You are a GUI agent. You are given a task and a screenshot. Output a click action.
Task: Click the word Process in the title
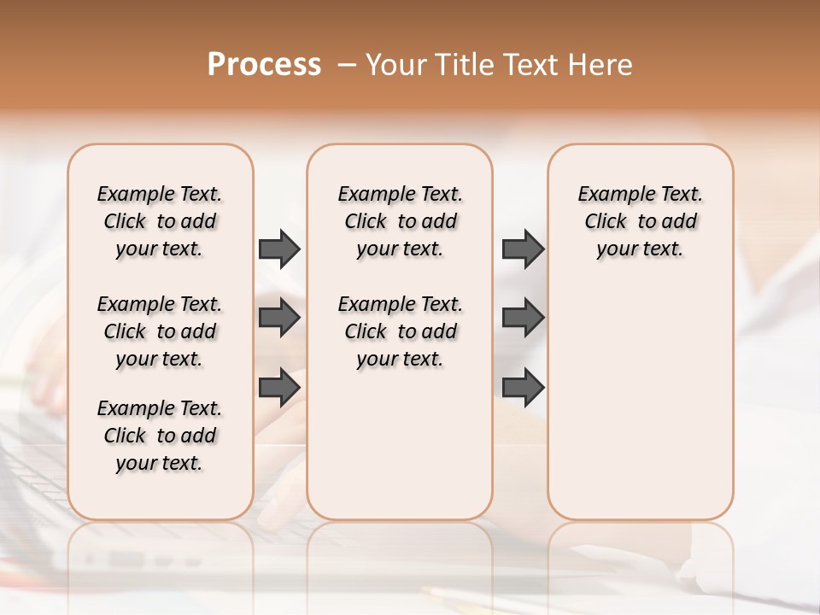click(x=264, y=65)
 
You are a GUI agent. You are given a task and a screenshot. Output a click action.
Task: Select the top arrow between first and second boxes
click(x=279, y=249)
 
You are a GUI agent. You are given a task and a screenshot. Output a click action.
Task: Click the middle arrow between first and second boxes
click(x=279, y=318)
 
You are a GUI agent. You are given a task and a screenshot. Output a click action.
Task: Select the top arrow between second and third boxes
click(x=523, y=249)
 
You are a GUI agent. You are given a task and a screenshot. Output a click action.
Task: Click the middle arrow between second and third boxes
click(x=523, y=318)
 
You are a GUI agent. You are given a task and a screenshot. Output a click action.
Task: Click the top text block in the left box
click(x=160, y=221)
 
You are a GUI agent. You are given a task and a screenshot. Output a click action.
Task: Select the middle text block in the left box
click(x=160, y=331)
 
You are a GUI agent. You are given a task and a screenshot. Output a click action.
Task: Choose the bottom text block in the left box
click(x=160, y=436)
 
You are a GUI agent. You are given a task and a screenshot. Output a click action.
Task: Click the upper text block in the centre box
click(x=400, y=221)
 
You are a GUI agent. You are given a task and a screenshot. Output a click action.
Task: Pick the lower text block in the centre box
click(x=400, y=331)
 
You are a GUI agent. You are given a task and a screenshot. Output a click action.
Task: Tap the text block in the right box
click(x=640, y=221)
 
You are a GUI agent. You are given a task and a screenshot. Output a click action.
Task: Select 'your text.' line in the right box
click(x=640, y=249)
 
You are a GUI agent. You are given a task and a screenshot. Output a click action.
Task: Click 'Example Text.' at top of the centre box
click(x=400, y=194)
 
